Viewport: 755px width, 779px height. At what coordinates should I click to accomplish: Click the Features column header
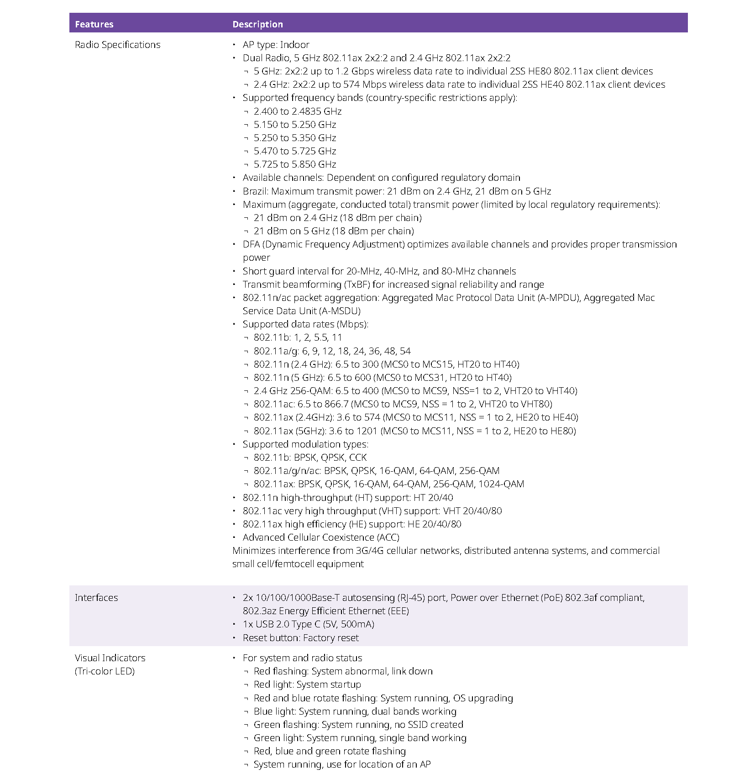pos(94,24)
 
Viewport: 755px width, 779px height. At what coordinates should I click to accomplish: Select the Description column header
pos(257,24)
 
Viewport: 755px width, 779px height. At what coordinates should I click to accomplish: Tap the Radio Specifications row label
pos(117,45)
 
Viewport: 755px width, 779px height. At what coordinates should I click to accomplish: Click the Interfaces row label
pos(96,598)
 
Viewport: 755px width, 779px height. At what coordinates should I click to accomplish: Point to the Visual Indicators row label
pos(110,658)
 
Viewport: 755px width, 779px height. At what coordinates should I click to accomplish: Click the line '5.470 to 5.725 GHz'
pos(295,151)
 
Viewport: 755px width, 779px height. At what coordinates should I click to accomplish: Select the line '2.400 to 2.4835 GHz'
pos(298,111)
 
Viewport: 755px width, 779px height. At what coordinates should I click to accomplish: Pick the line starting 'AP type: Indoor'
pos(276,45)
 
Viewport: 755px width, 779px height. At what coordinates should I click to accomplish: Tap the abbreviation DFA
pos(251,244)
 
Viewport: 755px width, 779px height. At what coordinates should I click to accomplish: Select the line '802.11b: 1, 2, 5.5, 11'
pos(298,337)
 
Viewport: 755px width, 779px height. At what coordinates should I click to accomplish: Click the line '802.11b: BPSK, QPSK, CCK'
pos(310,458)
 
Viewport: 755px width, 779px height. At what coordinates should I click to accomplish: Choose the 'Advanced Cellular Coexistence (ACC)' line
pos(321,537)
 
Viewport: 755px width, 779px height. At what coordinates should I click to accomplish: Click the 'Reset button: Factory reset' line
pos(300,638)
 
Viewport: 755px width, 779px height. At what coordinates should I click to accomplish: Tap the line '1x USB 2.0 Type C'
pos(308,624)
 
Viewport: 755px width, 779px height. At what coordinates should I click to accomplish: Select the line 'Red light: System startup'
pos(307,684)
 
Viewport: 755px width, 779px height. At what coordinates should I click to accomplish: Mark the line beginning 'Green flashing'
pos(358,725)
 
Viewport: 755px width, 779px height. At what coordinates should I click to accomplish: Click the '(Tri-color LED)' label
pos(105,671)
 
